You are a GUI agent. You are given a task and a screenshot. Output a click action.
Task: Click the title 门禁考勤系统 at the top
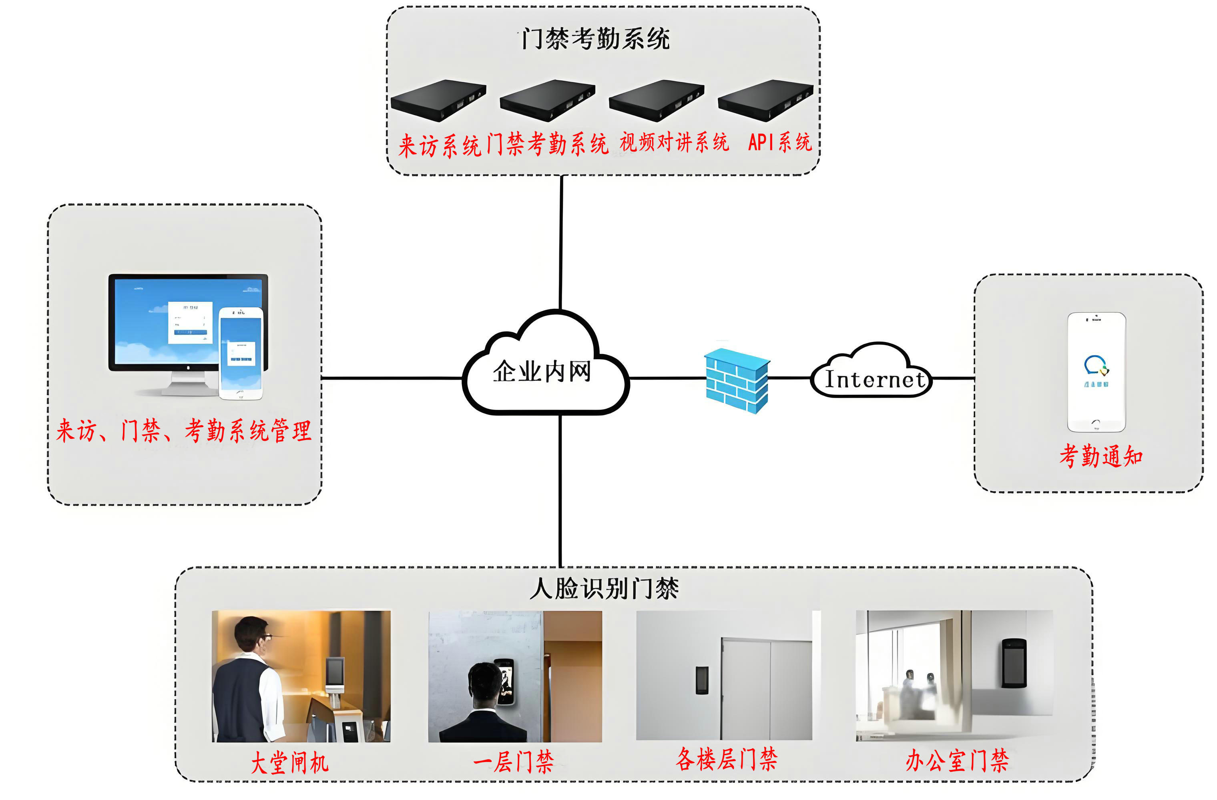(x=595, y=39)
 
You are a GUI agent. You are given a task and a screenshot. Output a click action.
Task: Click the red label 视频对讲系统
(x=674, y=142)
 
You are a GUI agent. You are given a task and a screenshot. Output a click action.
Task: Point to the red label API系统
(x=779, y=142)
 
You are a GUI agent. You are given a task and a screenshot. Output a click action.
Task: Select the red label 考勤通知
(x=1101, y=456)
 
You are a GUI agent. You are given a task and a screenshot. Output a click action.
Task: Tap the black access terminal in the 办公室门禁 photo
(x=1014, y=662)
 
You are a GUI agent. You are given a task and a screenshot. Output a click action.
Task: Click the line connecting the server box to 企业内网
(x=561, y=243)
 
